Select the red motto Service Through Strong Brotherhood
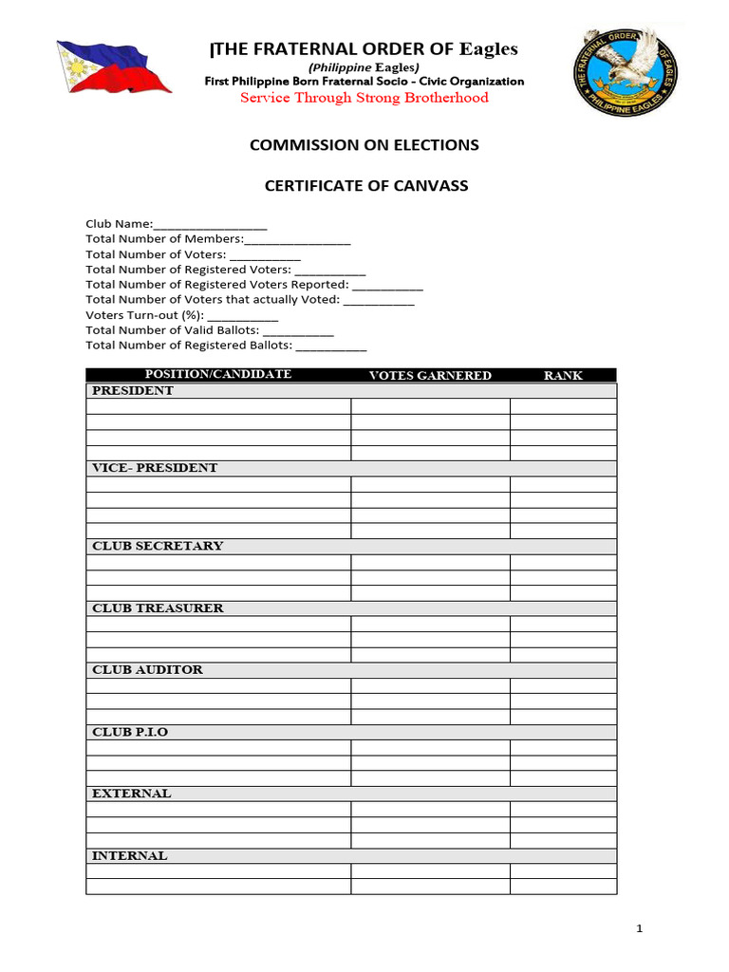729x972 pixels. tap(364, 98)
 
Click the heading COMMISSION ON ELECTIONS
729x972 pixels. tap(364, 145)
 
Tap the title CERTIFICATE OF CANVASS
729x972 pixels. tap(365, 186)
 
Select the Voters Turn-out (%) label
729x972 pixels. tap(144, 315)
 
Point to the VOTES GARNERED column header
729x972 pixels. tap(430, 376)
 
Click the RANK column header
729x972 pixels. tap(563, 376)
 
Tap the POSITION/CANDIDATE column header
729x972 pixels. tap(217, 375)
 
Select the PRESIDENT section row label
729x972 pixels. tap(133, 391)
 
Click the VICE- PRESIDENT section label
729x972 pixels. tap(155, 468)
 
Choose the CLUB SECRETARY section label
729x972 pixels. tap(158, 546)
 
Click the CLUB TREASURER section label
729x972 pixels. tap(158, 608)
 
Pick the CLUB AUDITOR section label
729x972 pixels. tap(147, 670)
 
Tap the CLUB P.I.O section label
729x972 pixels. tap(130, 733)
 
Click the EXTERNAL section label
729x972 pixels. tap(132, 794)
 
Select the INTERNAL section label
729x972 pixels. tap(129, 856)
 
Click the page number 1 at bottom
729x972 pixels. tap(640, 929)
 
